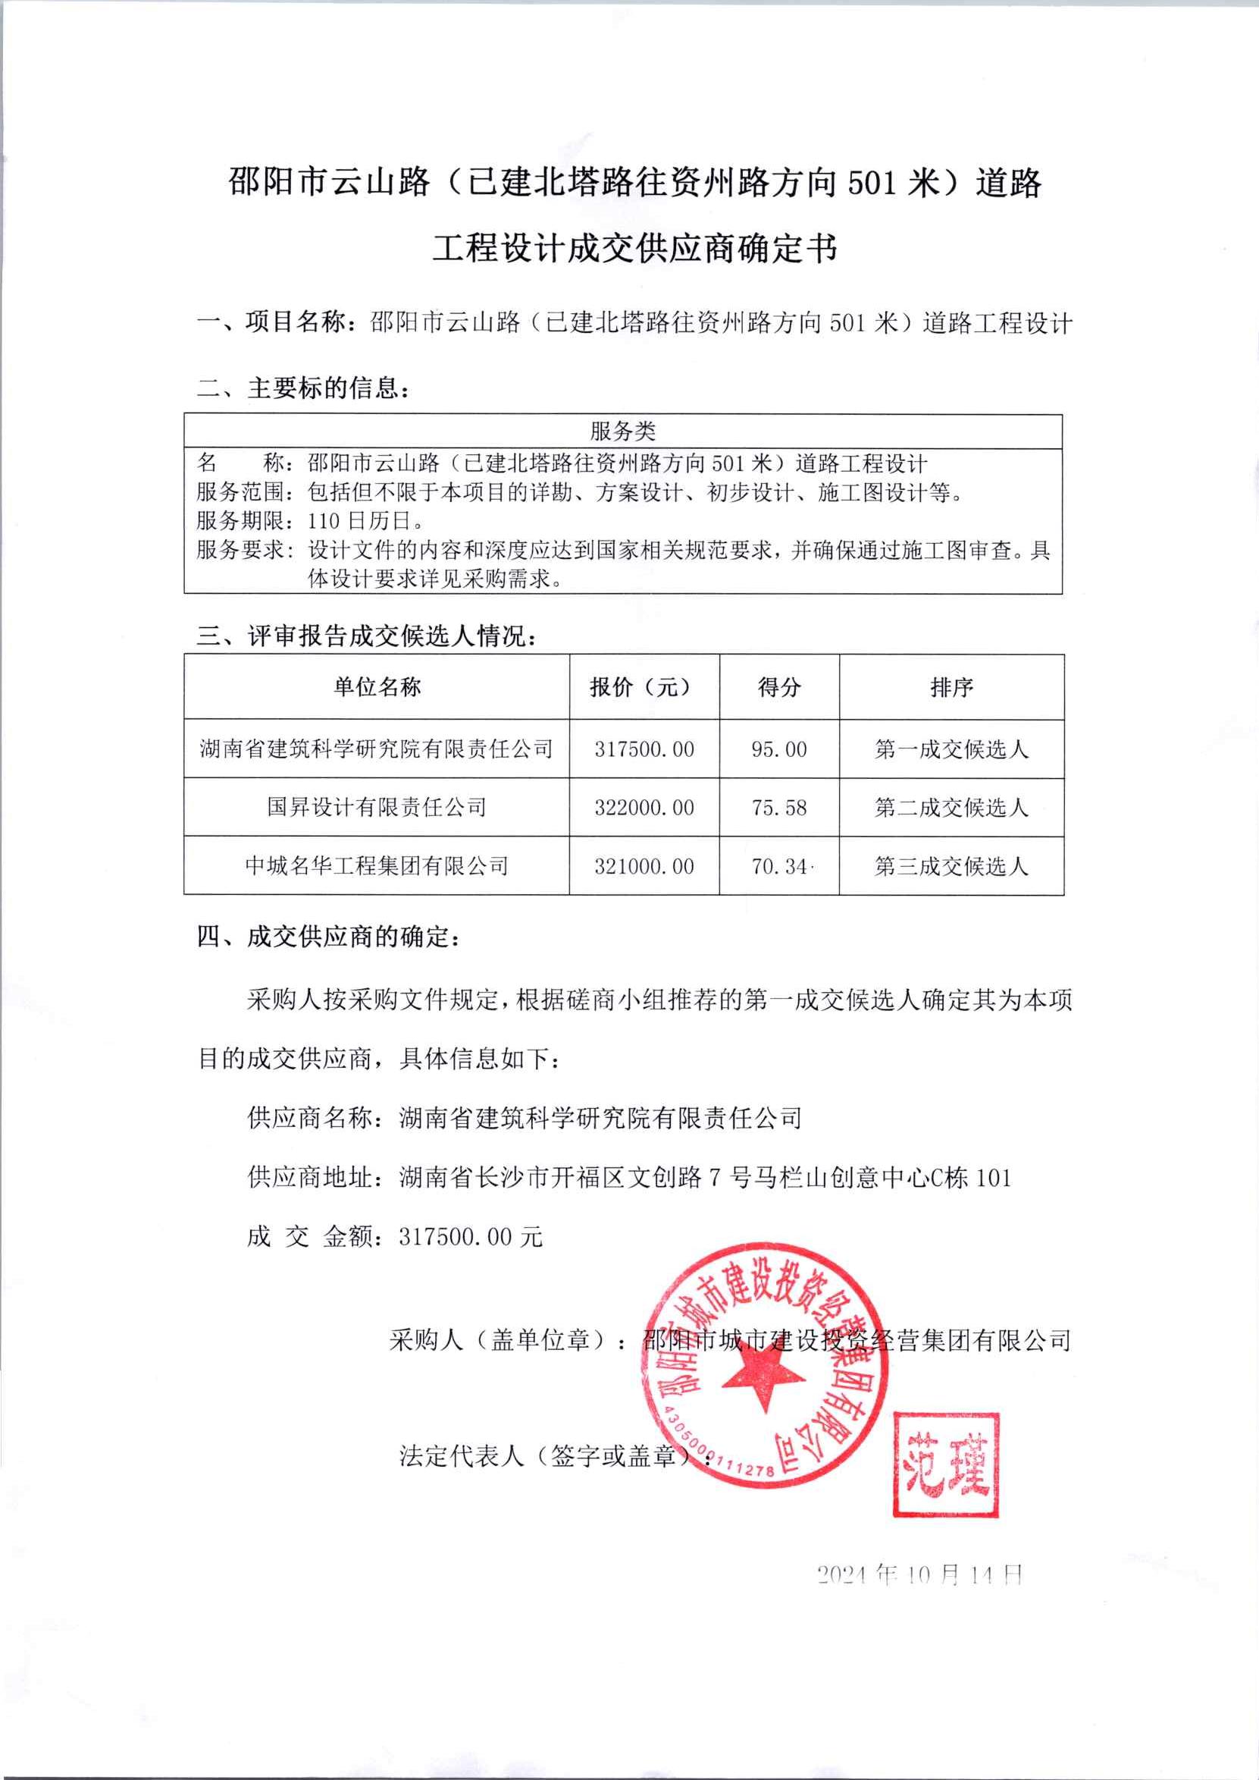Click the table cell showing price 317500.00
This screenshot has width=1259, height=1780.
pyautogui.click(x=644, y=749)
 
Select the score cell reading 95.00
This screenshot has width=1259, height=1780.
pyautogui.click(x=779, y=749)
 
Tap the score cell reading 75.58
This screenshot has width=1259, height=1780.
pyautogui.click(x=779, y=808)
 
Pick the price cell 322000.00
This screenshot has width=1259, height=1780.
pyautogui.click(x=644, y=808)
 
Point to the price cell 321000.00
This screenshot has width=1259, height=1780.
pyautogui.click(x=644, y=865)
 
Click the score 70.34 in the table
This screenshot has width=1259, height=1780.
pyautogui.click(x=779, y=865)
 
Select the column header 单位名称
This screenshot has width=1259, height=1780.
pyautogui.click(x=377, y=686)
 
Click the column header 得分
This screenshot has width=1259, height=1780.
pyautogui.click(x=779, y=686)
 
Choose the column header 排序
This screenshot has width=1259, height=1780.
pyautogui.click(x=951, y=686)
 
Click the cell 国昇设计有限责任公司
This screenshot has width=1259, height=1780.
pyautogui.click(x=377, y=808)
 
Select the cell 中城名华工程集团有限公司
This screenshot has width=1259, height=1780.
pyautogui.click(x=377, y=865)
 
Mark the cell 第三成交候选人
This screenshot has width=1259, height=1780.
pyautogui.click(x=951, y=865)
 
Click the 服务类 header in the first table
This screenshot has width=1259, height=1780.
pyautogui.click(x=622, y=432)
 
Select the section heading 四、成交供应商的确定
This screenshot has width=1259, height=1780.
pyautogui.click(x=329, y=937)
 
